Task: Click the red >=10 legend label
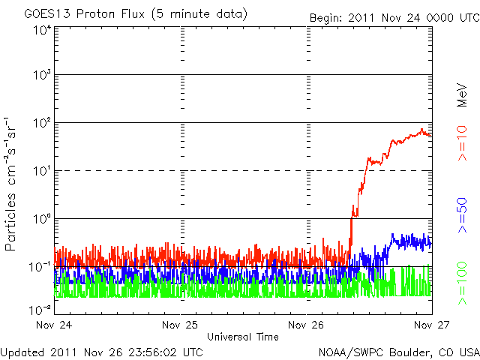(x=463, y=145)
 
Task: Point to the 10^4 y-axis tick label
(x=41, y=30)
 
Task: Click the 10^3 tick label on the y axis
(x=41, y=76)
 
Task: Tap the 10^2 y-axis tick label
(x=41, y=123)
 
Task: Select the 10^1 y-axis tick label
(x=41, y=171)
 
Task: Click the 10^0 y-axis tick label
(x=41, y=219)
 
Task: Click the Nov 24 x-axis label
(x=55, y=325)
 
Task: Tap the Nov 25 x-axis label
(x=181, y=325)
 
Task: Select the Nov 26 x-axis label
(x=307, y=325)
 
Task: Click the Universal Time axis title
(x=243, y=337)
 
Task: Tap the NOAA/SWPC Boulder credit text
(x=397, y=352)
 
